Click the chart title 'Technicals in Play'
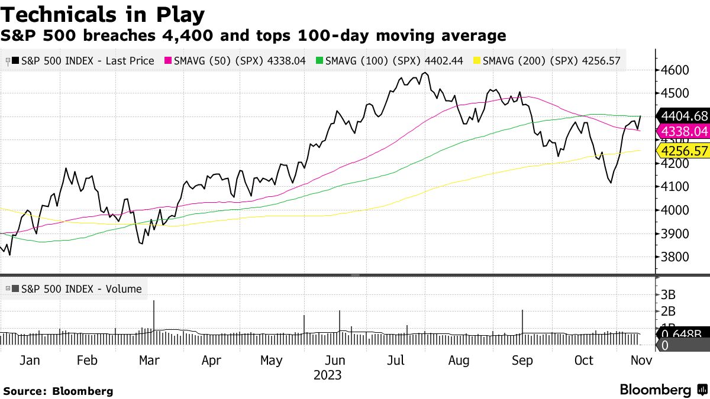[103, 14]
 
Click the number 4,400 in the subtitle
[185, 36]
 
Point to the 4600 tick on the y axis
[675, 70]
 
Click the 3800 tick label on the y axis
[675, 257]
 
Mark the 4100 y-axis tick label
[675, 186]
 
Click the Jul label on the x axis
[399, 360]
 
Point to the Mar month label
[149, 360]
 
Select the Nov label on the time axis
[640, 360]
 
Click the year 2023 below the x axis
[327, 375]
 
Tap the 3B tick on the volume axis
[669, 294]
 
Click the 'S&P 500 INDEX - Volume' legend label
[77, 289]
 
